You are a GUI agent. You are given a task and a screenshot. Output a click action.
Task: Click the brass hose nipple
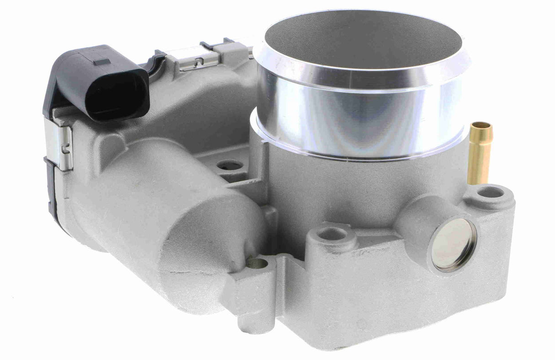(480, 153)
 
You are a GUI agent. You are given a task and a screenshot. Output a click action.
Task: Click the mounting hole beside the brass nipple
(490, 192)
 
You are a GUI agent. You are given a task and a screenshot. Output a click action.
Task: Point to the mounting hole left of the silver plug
(332, 234)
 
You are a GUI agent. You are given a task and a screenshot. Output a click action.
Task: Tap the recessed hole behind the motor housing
(229, 165)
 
